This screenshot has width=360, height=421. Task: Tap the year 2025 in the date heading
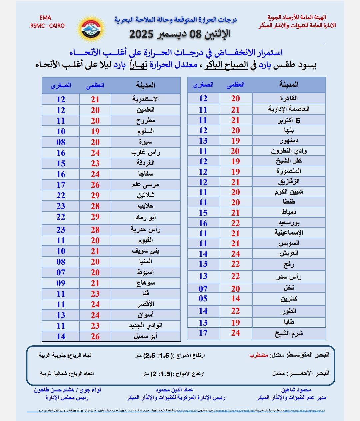point(141,34)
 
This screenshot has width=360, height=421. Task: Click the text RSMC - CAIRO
point(47,26)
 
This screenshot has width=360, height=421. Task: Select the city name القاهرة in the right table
point(289,98)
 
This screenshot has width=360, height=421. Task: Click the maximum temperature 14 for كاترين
point(236,299)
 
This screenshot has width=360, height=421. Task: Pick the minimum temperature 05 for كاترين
point(203,299)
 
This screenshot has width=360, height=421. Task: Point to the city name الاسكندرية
point(145,99)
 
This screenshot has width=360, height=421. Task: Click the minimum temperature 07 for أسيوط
point(61,272)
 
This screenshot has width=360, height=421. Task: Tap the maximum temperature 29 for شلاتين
point(95,195)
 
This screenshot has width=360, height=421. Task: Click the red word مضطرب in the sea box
point(259,355)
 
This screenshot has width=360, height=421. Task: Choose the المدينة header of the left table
point(145,85)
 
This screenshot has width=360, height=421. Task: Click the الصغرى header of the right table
point(203,85)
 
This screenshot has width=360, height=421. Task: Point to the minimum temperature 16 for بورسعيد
point(203,223)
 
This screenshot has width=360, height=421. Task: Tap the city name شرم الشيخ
point(289,333)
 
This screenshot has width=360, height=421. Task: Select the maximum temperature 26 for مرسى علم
point(95,185)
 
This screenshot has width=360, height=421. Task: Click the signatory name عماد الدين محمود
point(174,390)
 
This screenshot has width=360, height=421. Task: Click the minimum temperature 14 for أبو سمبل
point(61,336)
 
